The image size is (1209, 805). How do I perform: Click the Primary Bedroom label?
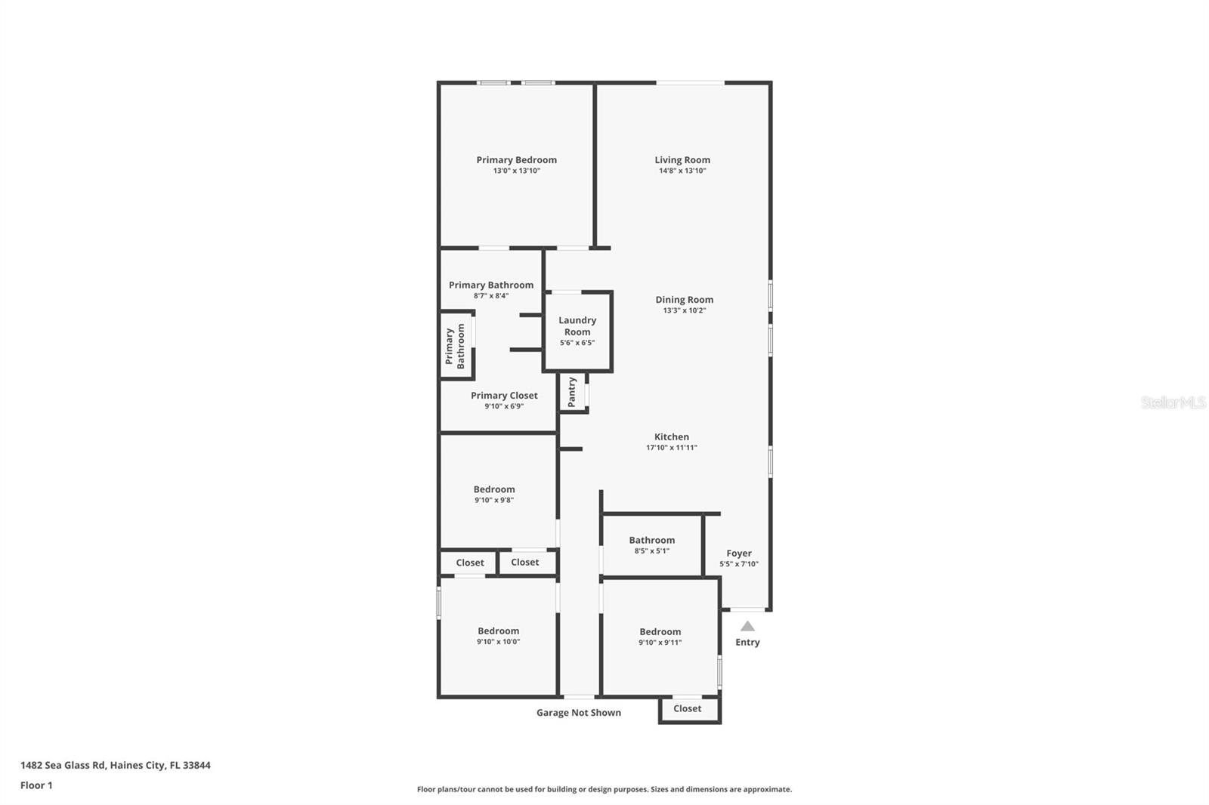516,159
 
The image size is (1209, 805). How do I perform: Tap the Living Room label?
682,159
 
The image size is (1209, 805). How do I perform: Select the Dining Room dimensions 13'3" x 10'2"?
684,310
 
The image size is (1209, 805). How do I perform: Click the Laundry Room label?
577,326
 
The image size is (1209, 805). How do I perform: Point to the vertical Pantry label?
572,392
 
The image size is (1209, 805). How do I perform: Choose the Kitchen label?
671,436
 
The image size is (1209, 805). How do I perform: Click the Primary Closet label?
504,395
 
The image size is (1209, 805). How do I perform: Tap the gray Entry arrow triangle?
747,626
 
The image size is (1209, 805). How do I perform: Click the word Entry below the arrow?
747,642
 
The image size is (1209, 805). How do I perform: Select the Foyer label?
738,553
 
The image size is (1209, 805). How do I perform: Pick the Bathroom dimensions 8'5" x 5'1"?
651,551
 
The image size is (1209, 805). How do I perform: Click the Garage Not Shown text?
579,712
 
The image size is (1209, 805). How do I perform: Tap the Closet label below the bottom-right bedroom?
687,708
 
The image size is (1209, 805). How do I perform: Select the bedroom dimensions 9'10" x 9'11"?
660,643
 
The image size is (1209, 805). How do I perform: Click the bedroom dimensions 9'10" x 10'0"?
498,642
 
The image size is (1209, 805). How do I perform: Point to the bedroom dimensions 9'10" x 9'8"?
494,500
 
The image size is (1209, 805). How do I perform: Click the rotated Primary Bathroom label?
455,346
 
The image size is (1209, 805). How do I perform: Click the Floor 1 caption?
36,785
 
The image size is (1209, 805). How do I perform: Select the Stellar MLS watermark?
1173,402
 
